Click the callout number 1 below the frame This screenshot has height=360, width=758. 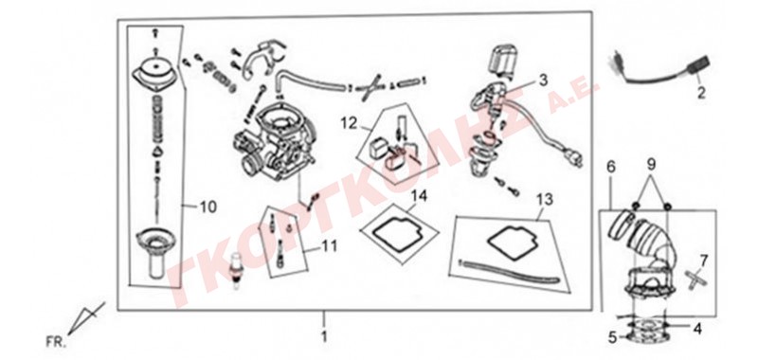click(324, 335)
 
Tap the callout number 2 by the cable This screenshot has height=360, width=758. click(701, 92)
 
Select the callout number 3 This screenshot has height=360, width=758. click(543, 80)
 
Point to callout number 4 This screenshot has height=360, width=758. click(696, 329)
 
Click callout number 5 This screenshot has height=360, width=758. click(612, 337)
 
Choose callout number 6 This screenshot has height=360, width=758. click(611, 167)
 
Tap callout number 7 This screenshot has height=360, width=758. click(703, 261)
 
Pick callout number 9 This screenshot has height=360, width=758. click(651, 165)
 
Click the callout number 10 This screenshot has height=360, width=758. click(208, 207)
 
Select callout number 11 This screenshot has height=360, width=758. click(330, 246)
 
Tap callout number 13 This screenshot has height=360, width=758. click(545, 199)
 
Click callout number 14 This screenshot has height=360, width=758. click(419, 196)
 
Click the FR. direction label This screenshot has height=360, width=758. click(55, 343)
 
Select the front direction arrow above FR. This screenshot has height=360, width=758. click(86, 318)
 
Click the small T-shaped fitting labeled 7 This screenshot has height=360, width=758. click(694, 278)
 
